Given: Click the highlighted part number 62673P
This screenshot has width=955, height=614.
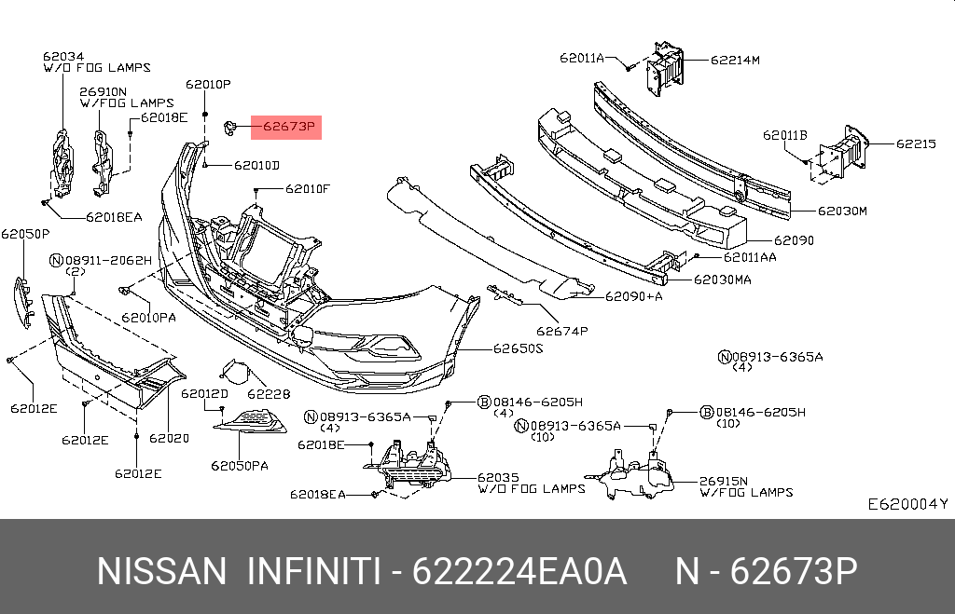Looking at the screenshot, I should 286,126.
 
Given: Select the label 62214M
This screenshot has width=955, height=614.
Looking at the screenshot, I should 735,60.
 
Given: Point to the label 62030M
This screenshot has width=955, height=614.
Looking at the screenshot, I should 842,211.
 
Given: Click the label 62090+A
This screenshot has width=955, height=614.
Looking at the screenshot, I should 633,297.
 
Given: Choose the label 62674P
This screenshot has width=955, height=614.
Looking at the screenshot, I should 562,330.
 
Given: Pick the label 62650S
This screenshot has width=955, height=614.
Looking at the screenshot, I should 518,348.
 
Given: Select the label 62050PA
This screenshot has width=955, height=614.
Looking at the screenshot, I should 239,465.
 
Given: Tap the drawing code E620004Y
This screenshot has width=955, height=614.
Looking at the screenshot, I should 907,504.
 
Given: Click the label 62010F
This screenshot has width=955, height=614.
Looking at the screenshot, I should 308,189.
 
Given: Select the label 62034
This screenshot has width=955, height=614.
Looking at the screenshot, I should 62,56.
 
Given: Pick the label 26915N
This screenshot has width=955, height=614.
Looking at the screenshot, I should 724,481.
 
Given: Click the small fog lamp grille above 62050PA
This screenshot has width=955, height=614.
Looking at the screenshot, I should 251,424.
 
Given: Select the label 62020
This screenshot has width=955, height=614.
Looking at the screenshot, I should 169,436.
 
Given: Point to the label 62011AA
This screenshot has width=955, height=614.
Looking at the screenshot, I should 749,256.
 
